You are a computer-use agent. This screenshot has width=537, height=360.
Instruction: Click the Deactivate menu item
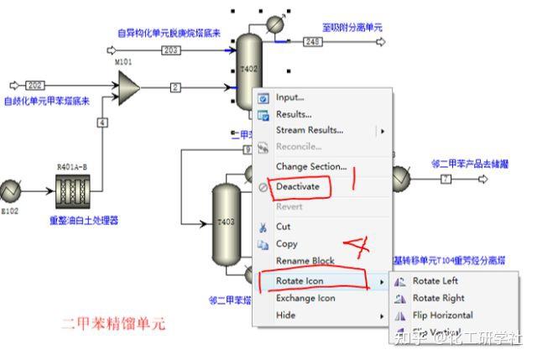click(x=298, y=186)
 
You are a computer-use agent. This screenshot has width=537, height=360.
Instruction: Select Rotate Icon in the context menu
click(x=300, y=280)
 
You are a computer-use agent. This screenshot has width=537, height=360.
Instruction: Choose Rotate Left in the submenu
click(x=435, y=281)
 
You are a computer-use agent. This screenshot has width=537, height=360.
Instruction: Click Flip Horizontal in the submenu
click(x=442, y=316)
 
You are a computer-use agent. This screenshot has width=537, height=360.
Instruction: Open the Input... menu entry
click(x=289, y=97)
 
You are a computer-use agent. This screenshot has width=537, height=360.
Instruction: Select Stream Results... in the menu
click(x=309, y=130)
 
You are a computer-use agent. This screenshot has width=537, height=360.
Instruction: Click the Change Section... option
click(x=310, y=166)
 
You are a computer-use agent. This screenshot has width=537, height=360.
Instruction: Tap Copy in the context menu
click(x=286, y=244)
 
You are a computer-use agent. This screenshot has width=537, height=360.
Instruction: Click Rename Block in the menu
click(x=305, y=261)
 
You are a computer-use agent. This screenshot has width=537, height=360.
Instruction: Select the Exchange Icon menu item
click(x=305, y=298)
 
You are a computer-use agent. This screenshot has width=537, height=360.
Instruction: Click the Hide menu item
click(x=285, y=316)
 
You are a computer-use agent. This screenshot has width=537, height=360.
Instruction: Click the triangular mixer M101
click(x=127, y=85)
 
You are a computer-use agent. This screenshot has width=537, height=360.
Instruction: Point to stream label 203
click(x=171, y=51)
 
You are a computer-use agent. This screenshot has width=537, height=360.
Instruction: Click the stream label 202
click(x=35, y=85)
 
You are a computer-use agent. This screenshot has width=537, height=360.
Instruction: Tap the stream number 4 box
click(x=102, y=123)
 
